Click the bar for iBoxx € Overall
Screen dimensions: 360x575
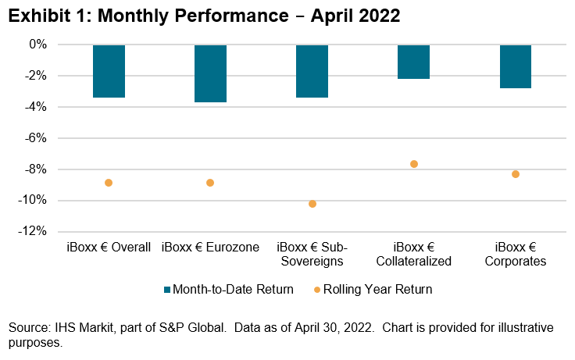109,71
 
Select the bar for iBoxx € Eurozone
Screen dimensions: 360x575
210,73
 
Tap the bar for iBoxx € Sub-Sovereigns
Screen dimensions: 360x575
312,71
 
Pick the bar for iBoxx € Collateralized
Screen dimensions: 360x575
414,62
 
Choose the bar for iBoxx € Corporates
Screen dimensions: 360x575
516,66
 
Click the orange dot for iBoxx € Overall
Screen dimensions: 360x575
109,183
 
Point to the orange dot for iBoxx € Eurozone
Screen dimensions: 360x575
210,183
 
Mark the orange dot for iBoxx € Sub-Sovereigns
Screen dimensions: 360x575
312,204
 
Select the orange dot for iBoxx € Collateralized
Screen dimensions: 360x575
414,164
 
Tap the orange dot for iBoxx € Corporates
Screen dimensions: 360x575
516,174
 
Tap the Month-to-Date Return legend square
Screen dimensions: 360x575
168,290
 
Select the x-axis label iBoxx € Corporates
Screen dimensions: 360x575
516,255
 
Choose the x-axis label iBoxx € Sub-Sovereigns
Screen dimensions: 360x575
312,255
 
